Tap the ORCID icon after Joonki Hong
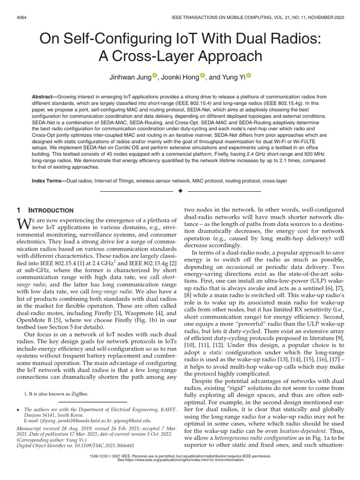tap(202, 75)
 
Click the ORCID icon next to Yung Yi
tap(249, 75)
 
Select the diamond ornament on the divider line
tap(180, 191)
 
